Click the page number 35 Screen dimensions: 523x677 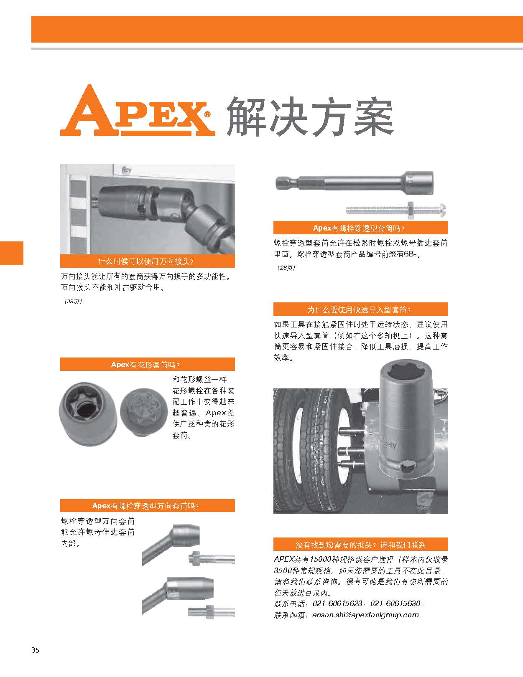pyautogui.click(x=35, y=650)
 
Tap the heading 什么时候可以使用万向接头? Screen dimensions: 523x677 pyautogui.click(x=146, y=261)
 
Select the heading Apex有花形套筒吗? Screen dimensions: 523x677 pyautogui.click(x=145, y=365)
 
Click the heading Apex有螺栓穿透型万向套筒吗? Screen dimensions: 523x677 pyautogui.click(x=145, y=506)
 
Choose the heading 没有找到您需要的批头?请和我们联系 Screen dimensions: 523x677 pyautogui.click(x=360, y=545)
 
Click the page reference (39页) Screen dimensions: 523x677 pyautogui.click(x=73, y=301)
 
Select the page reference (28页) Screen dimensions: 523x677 pyautogui.click(x=286, y=268)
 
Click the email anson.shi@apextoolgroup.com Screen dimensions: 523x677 pyautogui.click(x=365, y=615)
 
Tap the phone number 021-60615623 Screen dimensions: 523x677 pyautogui.click(x=337, y=603)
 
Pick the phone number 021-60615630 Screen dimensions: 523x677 pyautogui.click(x=395, y=603)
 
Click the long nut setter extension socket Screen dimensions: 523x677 pyautogui.click(x=355, y=183)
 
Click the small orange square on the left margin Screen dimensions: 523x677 pyautogui.click(x=12, y=253)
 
